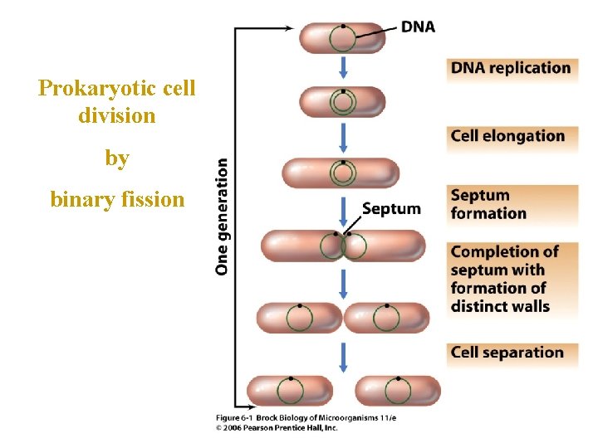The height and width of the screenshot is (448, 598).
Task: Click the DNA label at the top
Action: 418,27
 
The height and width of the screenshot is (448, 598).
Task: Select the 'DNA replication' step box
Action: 511,68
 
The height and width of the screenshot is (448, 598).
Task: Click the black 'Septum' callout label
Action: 391,208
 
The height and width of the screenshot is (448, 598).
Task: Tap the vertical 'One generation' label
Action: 222,216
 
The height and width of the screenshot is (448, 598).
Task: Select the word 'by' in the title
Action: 117,158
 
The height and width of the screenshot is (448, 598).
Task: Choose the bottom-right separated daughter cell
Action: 397,391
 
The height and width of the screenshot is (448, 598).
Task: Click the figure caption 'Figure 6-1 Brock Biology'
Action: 306,417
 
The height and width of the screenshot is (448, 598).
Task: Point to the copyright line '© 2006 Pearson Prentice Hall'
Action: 277,427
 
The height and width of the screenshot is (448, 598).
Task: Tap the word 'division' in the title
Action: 117,116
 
